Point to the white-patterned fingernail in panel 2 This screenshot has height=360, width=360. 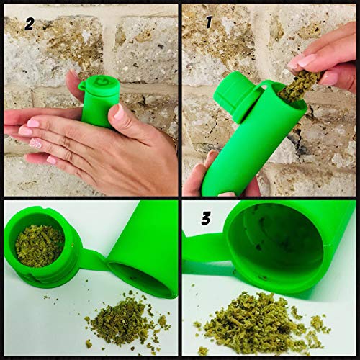(36, 143)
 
